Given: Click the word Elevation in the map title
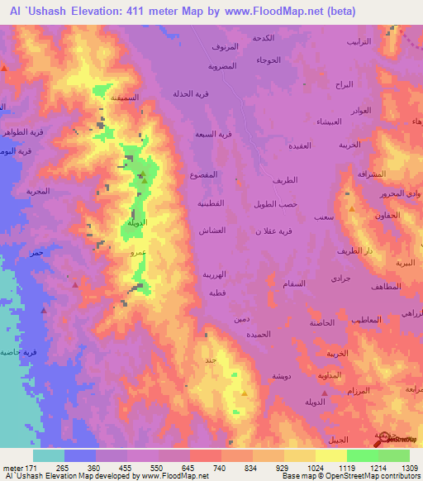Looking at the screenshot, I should pos(90,11).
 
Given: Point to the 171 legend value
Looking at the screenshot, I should pos(30,467).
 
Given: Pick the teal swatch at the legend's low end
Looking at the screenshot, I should pos(49,455).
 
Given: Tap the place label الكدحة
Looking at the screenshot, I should pos(287,39).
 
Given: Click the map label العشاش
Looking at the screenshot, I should pos(213,231).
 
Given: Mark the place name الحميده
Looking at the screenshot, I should pos(254,334).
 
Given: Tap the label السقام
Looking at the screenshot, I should pos(293,283).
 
